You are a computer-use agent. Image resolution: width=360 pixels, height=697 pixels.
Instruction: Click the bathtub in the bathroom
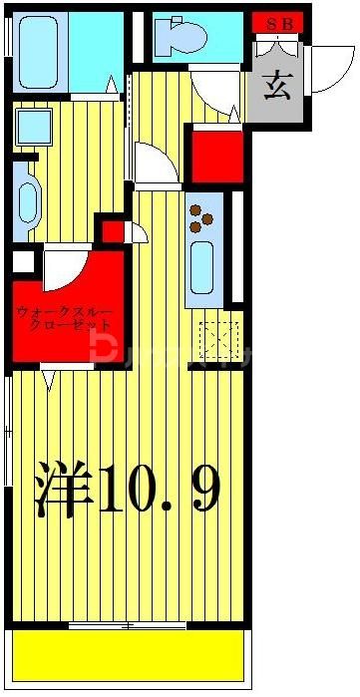click(x=40, y=52)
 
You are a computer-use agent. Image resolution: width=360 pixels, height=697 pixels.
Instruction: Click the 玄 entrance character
click(x=277, y=88)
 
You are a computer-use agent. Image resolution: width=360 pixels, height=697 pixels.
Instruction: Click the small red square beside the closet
click(x=113, y=232)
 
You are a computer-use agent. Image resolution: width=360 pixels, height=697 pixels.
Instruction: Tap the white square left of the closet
click(x=21, y=263)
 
